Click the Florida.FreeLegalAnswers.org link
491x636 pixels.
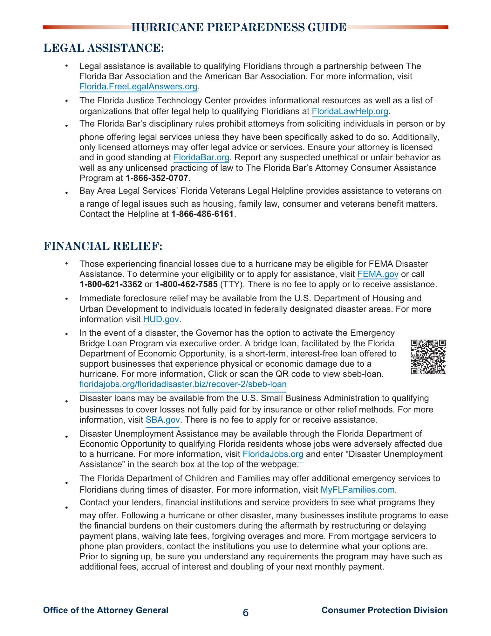[138, 86]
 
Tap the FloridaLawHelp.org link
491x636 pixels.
[350, 111]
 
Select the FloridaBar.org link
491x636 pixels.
[201, 157]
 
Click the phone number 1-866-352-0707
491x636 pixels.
[157, 178]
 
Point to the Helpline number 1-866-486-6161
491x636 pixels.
[202, 214]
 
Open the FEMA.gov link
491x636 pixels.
[378, 274]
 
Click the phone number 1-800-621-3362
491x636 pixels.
[111, 284]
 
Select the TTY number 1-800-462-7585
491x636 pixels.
[186, 284]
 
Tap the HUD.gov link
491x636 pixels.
[161, 319]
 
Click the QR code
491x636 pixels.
[428, 357]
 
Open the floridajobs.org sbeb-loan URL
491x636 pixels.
[183, 384]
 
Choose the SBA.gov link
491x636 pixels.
[162, 420]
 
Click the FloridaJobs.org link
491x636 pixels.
[273, 454]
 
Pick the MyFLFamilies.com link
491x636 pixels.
[357, 489]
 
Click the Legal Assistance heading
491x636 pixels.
[104, 48]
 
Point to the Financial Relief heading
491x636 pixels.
[103, 246]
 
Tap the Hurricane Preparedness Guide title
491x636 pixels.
[239, 27]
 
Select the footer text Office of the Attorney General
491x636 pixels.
[106, 610]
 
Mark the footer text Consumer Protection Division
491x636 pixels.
[385, 610]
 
